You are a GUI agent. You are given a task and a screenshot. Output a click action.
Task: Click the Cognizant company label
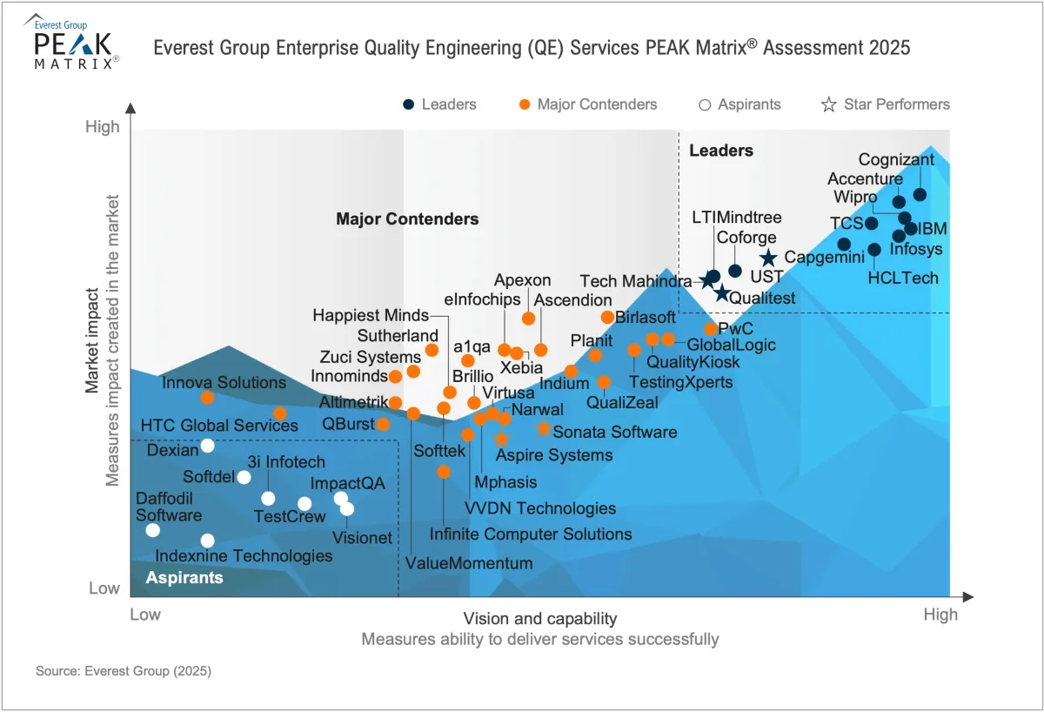pyautogui.click(x=896, y=159)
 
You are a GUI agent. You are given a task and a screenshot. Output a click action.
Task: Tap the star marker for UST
pyautogui.click(x=768, y=259)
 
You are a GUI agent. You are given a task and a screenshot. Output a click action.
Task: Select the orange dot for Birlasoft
pyautogui.click(x=607, y=317)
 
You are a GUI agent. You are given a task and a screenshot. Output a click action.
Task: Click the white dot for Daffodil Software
pyautogui.click(x=153, y=530)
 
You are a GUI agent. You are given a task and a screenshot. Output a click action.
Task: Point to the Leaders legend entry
pyautogui.click(x=439, y=104)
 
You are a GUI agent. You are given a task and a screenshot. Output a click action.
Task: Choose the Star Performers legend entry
pyautogui.click(x=886, y=104)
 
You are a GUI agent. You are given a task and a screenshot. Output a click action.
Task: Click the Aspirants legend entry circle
pyautogui.click(x=705, y=104)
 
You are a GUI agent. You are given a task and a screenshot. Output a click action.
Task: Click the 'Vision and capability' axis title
pyautogui.click(x=539, y=619)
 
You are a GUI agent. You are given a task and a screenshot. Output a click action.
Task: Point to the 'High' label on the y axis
pyautogui.click(x=103, y=127)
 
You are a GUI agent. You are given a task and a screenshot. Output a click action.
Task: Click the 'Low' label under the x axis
pyautogui.click(x=145, y=615)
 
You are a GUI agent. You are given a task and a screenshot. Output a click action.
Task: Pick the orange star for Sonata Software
pyautogui.click(x=543, y=428)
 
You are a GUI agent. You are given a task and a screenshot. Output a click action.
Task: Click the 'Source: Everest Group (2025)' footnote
pyautogui.click(x=124, y=672)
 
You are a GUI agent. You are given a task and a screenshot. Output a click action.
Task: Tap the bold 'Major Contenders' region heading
pyautogui.click(x=407, y=218)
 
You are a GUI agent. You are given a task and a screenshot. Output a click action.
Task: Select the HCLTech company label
pyautogui.click(x=903, y=279)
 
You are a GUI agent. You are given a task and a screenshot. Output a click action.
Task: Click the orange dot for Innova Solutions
pyautogui.click(x=207, y=398)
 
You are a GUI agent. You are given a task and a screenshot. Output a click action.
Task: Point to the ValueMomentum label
pyautogui.click(x=468, y=563)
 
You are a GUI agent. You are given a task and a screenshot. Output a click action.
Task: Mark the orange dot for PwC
pyautogui.click(x=711, y=329)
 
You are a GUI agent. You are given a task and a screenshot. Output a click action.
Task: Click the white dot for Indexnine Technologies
pyautogui.click(x=207, y=541)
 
